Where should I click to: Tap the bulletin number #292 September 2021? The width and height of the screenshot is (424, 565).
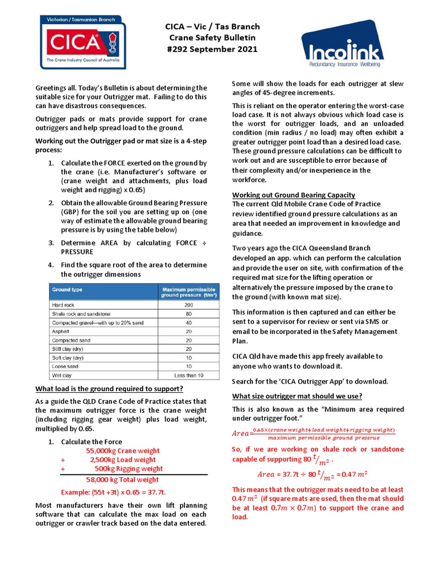point(213,49)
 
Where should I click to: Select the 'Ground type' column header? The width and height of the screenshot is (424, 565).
point(67,290)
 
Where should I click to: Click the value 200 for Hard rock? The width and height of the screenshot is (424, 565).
point(189,305)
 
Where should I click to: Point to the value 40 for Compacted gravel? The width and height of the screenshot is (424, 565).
point(189,322)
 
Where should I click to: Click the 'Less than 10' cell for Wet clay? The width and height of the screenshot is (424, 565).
point(189,375)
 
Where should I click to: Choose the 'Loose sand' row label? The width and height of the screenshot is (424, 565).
point(65,366)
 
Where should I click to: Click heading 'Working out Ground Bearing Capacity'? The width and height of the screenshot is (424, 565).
point(293,195)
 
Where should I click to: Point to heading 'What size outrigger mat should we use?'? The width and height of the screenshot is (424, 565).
point(297,396)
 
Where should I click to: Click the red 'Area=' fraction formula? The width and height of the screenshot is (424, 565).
point(314,434)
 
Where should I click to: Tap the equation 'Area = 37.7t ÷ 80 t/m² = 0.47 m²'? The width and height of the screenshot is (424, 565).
point(313,474)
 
